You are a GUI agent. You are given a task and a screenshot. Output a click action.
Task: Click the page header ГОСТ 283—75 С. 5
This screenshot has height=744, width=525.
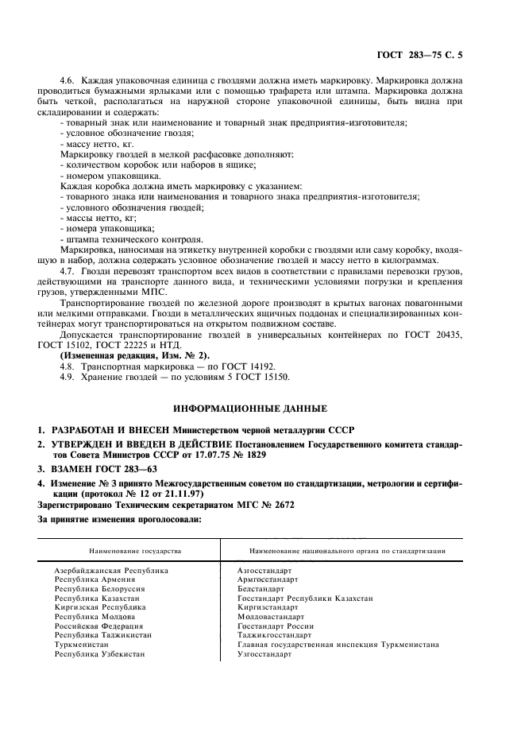coord(427,54)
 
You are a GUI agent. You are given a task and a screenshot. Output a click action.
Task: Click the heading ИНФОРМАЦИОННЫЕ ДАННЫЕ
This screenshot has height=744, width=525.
coord(261,408)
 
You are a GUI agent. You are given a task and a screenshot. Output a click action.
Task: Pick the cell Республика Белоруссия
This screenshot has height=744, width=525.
coord(98,589)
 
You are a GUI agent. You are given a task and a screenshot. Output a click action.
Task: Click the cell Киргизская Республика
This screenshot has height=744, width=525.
coord(99,606)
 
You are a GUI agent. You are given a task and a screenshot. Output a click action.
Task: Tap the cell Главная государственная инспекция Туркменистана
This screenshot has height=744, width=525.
coord(338,644)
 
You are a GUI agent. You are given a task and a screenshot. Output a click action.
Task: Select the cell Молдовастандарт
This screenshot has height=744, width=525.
coord(270,616)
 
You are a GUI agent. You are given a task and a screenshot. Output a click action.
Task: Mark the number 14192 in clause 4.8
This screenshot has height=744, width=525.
coord(261,366)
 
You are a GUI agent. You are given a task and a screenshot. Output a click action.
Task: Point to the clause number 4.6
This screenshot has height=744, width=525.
coord(67,82)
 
